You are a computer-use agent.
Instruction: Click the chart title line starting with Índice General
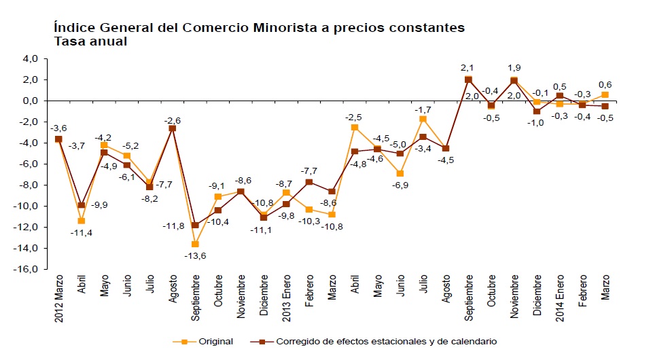pyautogui.click(x=258, y=28)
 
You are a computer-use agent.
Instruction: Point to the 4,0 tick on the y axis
pyautogui.click(x=31, y=59)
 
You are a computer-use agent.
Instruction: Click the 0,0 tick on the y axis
pyautogui.click(x=31, y=101)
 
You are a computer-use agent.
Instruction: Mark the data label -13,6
pyautogui.click(x=196, y=255)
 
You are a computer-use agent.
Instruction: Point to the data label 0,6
pyautogui.click(x=604, y=84)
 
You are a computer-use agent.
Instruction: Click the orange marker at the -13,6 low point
pyautogui.click(x=196, y=244)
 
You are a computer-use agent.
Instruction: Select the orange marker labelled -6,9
pyautogui.click(x=400, y=173)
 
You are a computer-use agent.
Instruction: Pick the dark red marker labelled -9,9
pyautogui.click(x=82, y=205)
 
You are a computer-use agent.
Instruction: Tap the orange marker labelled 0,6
pyautogui.click(x=605, y=94)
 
